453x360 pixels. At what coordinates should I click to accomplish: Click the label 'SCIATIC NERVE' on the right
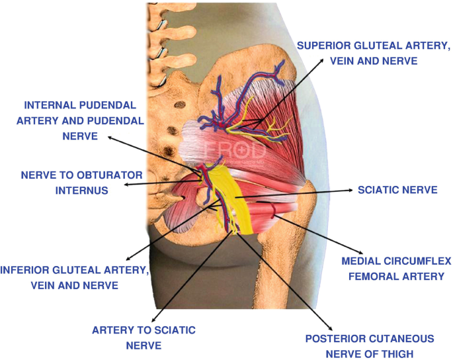click(x=397, y=190)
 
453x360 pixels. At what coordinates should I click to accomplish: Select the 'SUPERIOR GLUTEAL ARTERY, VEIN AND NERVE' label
click(x=374, y=53)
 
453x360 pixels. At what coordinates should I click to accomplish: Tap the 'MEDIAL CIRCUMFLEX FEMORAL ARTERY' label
click(x=397, y=269)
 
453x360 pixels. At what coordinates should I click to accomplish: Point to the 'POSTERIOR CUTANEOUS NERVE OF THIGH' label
click(x=369, y=346)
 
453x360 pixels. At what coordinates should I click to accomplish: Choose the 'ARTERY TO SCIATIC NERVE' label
click(x=144, y=337)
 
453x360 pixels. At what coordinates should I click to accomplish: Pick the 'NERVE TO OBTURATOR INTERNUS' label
click(x=63, y=182)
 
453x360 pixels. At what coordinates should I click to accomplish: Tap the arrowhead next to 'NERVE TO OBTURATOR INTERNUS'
click(x=126, y=185)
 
